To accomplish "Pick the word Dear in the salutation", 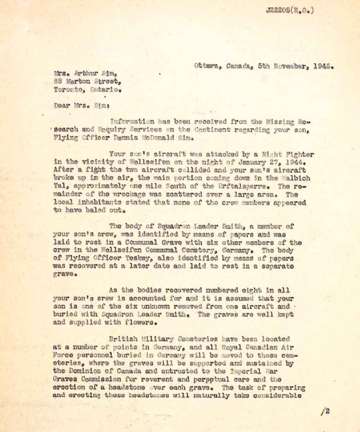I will point(61,105).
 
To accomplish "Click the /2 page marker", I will point(325,411).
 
